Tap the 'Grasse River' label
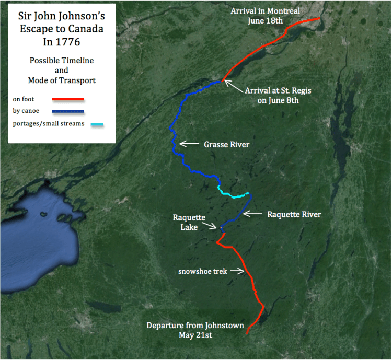[227, 144]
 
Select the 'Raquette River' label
[294, 214]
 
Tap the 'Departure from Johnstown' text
[195, 326]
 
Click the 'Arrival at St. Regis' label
[278, 90]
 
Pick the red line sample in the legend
[68, 98]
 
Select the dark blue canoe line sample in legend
[68, 111]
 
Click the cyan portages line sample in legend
[97, 124]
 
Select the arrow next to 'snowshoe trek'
[237, 271]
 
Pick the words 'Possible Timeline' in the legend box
[62, 61]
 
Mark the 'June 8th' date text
[285, 100]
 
